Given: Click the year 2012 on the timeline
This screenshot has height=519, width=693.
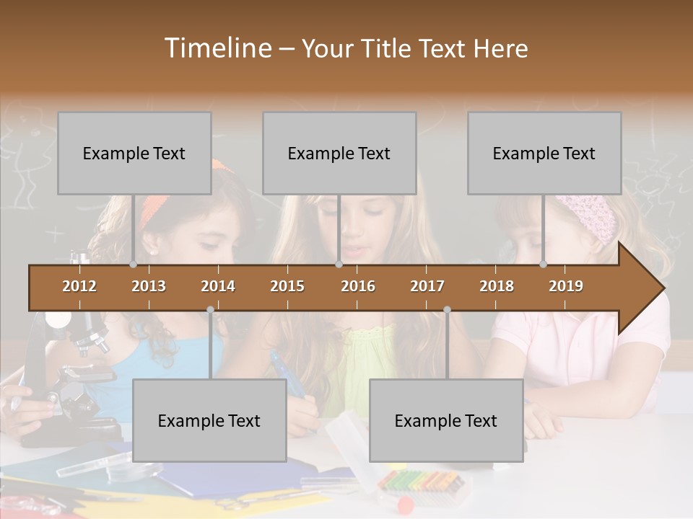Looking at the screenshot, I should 79,286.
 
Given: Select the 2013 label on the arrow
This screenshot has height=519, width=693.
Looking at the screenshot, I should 149,286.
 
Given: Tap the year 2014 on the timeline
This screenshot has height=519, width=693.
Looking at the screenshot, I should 218,286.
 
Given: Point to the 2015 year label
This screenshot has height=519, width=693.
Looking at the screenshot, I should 287,286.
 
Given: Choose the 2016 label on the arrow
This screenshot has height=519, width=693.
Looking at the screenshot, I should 358,286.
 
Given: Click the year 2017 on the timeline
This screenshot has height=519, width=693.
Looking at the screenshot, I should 427,286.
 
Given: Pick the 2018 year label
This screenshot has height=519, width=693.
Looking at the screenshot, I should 497,286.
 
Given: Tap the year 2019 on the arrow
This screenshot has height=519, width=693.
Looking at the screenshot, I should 566,286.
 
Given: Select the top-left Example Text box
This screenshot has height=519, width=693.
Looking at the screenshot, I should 134,153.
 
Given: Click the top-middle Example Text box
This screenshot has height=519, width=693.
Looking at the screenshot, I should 339,153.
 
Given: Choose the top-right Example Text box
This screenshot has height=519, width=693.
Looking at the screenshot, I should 544,153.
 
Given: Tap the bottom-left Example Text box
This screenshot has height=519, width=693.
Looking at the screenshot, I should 209,420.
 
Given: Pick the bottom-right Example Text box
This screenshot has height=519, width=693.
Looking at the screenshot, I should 446,420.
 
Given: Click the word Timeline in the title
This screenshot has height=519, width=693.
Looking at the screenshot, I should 217,48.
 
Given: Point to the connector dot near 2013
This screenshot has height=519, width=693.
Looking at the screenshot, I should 133,264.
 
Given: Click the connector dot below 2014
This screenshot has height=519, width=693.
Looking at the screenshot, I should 210,310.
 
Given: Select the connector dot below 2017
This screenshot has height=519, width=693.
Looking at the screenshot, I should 447,310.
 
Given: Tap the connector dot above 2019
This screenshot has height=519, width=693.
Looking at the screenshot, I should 543,264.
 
